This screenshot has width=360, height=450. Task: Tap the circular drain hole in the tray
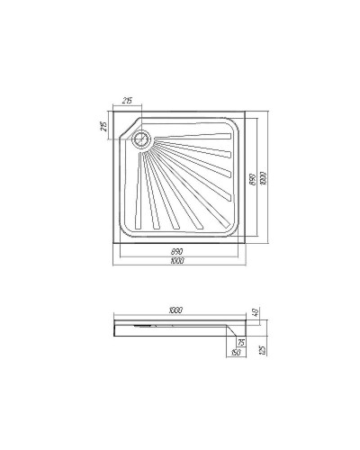click(140, 139)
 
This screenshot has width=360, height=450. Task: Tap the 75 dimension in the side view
click(241, 343)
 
